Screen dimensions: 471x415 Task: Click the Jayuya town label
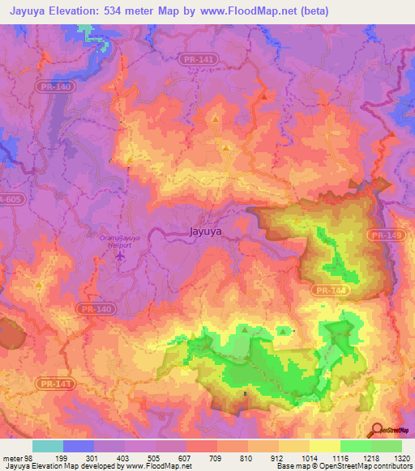[x=205, y=230]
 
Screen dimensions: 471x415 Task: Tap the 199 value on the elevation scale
[x=61, y=457]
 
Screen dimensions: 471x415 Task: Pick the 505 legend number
[x=155, y=457]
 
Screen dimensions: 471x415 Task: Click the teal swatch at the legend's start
[x=48, y=446]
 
